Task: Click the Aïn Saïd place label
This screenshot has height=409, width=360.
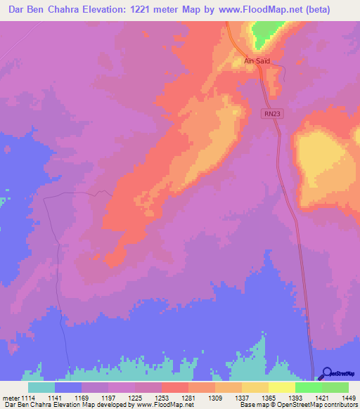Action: click(257, 61)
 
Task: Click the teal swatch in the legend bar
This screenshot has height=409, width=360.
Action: click(41, 387)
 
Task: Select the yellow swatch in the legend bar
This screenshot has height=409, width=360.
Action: click(255, 387)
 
